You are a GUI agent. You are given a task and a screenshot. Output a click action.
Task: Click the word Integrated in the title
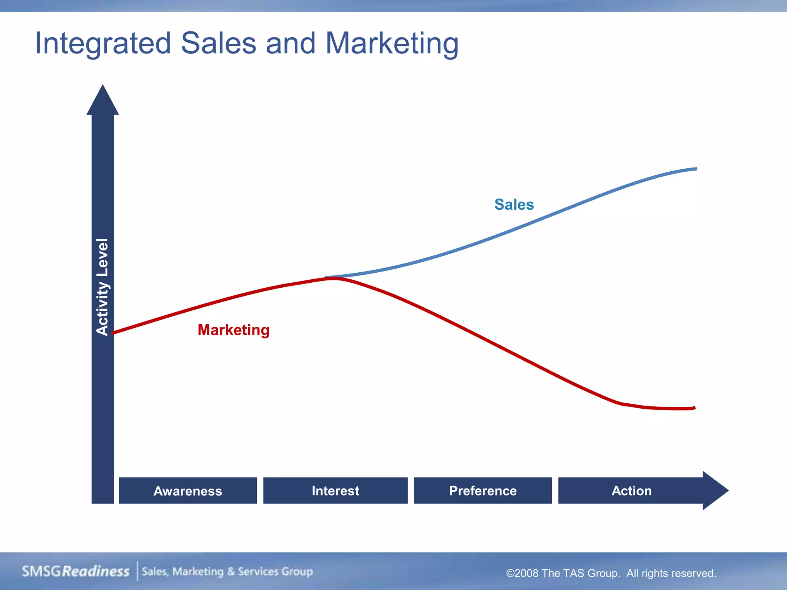point(103,43)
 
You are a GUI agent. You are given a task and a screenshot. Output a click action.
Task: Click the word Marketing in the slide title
point(392,43)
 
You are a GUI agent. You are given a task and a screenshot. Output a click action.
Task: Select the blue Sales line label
point(514,204)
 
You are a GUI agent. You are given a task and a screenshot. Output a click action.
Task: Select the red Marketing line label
point(233,330)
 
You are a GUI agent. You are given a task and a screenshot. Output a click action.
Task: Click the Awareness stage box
point(188,491)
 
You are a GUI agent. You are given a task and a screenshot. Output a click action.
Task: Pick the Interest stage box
point(335,491)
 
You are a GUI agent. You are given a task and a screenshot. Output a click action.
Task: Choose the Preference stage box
point(483,491)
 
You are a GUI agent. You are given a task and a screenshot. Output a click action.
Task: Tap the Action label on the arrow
point(631,491)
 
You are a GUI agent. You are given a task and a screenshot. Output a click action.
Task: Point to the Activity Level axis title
point(102,287)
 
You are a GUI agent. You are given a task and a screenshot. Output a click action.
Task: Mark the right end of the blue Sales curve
point(695,169)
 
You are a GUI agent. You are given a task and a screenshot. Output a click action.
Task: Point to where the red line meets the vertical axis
point(114,333)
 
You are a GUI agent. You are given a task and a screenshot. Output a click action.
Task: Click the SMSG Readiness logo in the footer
point(76,571)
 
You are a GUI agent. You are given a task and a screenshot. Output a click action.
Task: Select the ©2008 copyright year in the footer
point(522,573)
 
